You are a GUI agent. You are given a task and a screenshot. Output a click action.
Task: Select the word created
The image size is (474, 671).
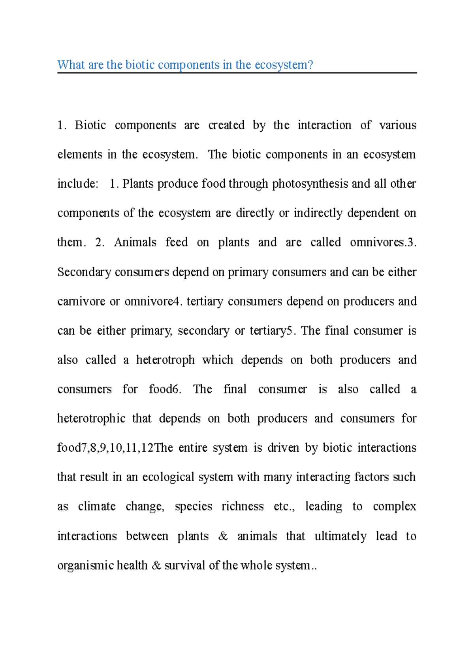[226, 125]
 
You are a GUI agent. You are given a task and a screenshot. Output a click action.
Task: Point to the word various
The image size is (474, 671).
[397, 125]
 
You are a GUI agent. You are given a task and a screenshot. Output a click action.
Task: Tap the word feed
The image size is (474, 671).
[176, 243]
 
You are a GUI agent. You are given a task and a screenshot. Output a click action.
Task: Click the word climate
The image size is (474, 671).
[97, 507]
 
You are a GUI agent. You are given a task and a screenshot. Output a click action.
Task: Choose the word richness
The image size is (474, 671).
[242, 507]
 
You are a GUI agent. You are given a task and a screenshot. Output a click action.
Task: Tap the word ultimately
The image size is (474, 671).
[340, 536]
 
